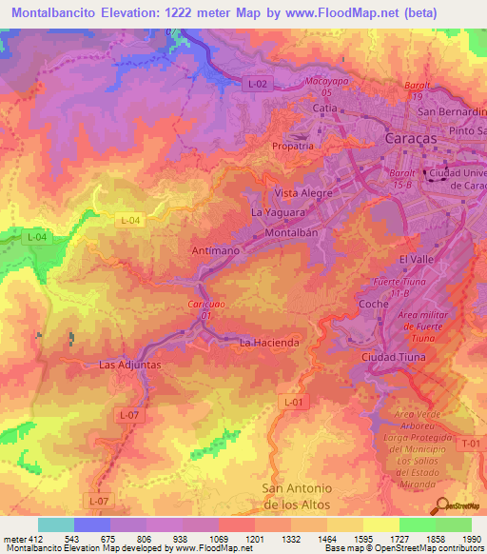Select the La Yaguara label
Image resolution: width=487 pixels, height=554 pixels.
[278, 213]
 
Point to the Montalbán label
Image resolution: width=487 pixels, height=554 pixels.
[297, 233]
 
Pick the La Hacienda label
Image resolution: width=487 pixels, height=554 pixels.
[270, 342]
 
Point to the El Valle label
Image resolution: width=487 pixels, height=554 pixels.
[416, 259]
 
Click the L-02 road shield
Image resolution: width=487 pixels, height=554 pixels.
[256, 85]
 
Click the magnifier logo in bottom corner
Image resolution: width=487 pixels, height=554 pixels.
[441, 505]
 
